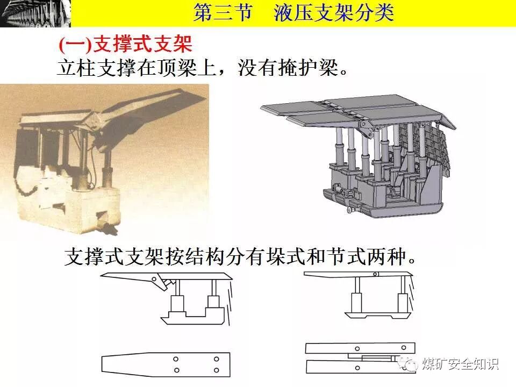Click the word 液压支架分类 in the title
[333, 13]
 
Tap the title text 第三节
[223, 13]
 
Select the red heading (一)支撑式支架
[125, 44]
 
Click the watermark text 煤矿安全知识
[460, 364]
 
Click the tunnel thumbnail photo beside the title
[35, 13]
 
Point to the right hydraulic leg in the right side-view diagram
[401, 300]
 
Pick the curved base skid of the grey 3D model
[387, 207]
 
